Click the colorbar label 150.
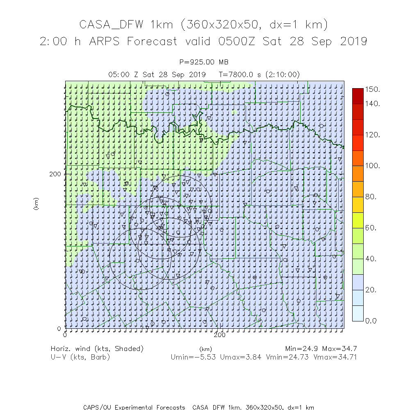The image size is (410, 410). [x=373, y=89]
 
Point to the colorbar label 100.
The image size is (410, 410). [x=373, y=166]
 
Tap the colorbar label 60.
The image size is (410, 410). [x=371, y=228]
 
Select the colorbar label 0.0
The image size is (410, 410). [x=371, y=321]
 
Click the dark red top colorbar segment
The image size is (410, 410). [x=358, y=96]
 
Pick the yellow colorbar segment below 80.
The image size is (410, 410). [x=358, y=204]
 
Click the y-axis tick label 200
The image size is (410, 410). [x=55, y=173]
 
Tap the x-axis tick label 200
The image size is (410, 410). [x=220, y=335]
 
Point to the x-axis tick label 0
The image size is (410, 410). [x=65, y=335]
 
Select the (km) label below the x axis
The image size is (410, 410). [x=205, y=349]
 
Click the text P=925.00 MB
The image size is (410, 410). [x=204, y=62]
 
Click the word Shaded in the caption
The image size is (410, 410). [x=130, y=348]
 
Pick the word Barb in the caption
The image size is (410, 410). [x=101, y=357]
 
